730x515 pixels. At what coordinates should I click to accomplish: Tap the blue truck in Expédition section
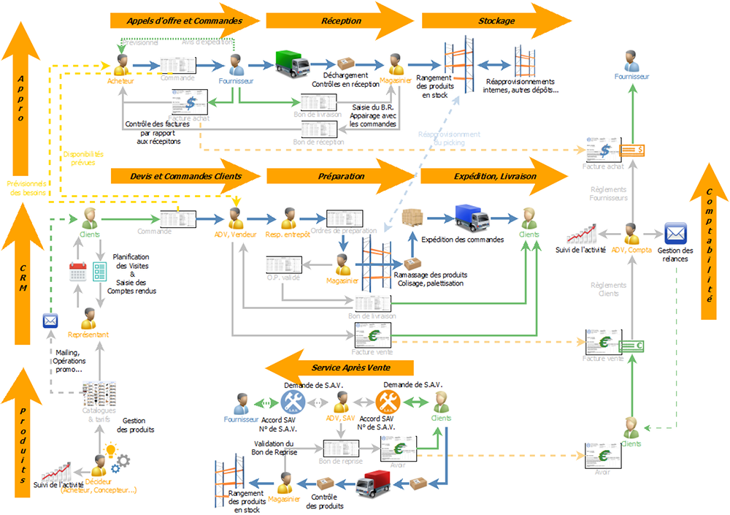click(473, 216)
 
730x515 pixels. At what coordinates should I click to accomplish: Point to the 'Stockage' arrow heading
click(496, 21)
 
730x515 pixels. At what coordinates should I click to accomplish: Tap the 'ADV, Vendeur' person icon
click(235, 218)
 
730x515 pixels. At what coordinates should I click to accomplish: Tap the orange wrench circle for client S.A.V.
click(387, 402)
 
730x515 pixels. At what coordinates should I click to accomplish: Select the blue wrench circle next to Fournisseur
click(292, 402)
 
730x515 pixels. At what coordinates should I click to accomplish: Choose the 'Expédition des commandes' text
click(462, 239)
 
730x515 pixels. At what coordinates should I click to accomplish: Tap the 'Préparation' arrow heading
click(342, 176)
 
